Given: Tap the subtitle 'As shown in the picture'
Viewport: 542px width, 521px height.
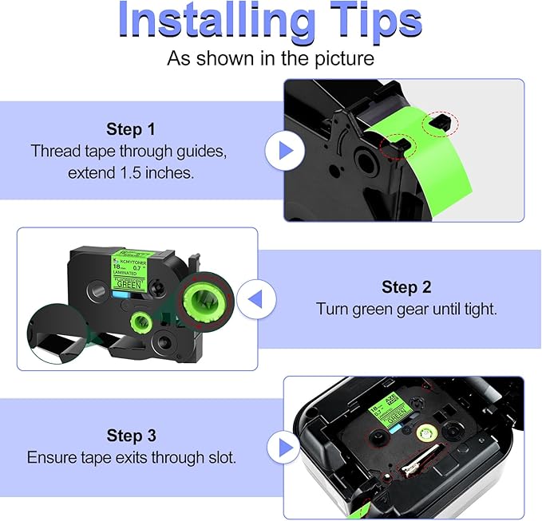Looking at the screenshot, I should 271,58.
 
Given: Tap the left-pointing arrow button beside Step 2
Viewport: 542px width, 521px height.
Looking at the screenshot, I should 256,299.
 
